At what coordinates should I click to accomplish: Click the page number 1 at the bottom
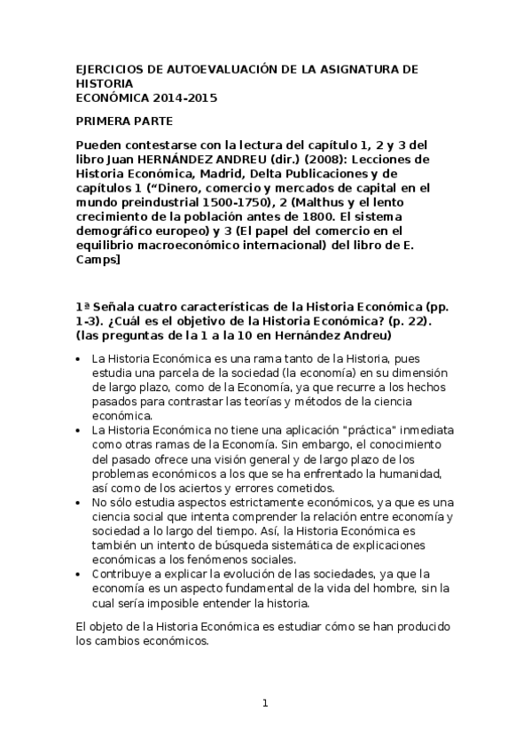click(x=265, y=703)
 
